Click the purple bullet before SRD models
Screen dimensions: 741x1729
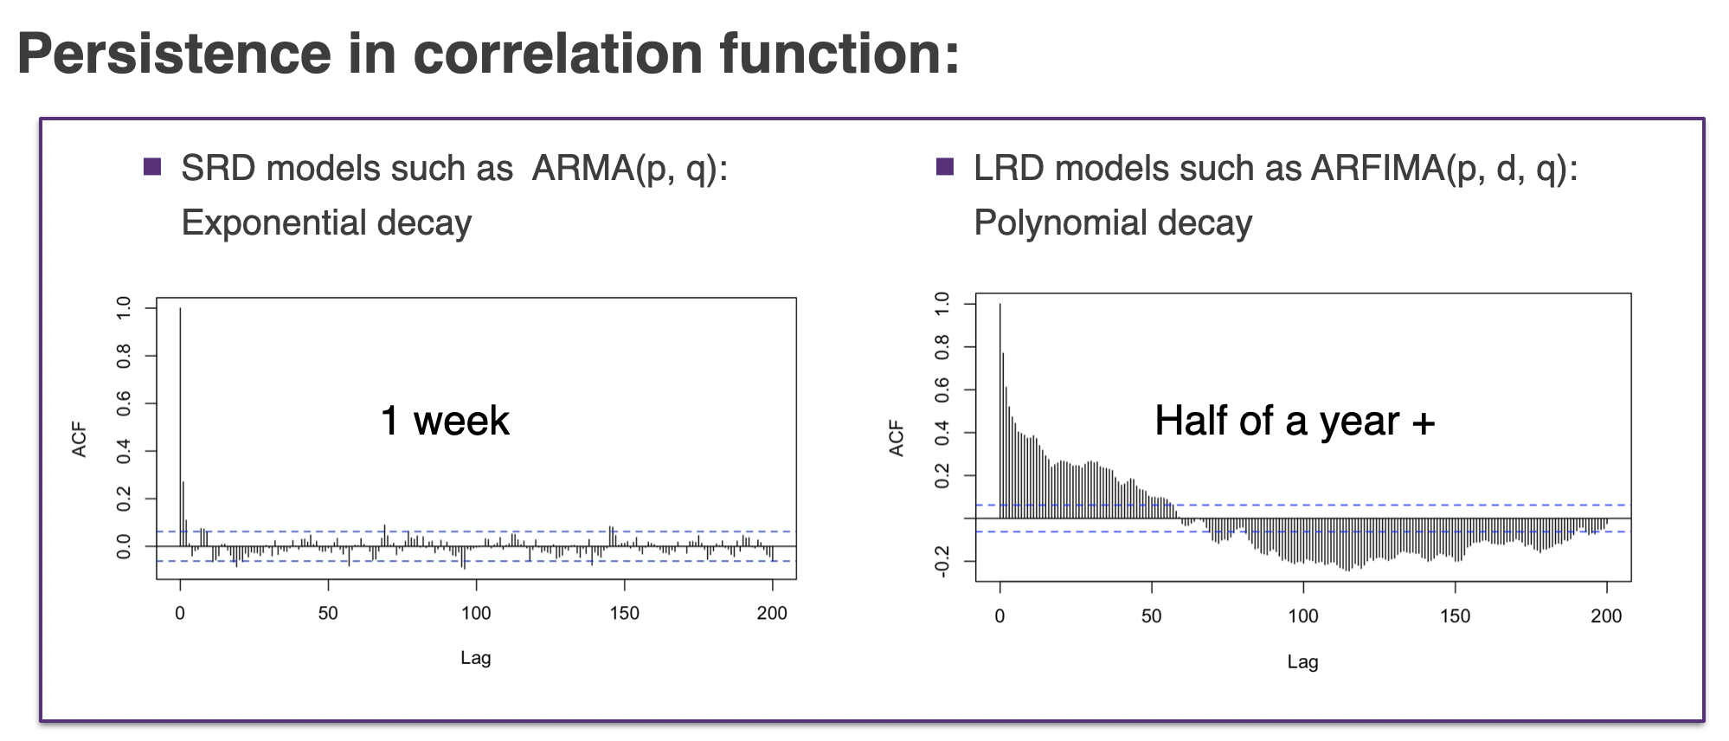152,166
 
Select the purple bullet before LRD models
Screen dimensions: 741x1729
945,166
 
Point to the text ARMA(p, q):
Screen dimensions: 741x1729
629,169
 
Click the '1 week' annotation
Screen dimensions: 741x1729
445,421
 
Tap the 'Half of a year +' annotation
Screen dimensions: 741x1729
1295,421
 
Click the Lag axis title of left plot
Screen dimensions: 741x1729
475,658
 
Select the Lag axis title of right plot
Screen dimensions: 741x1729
1302,662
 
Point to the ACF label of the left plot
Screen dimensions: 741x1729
80,440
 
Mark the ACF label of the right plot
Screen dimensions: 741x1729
897,438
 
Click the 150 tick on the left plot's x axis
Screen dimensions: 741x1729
624,614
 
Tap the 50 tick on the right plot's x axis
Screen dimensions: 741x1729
1151,616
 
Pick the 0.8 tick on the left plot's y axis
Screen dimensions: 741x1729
124,356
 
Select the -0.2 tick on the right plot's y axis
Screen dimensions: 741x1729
942,561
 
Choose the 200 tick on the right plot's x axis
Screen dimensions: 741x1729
1606,616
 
